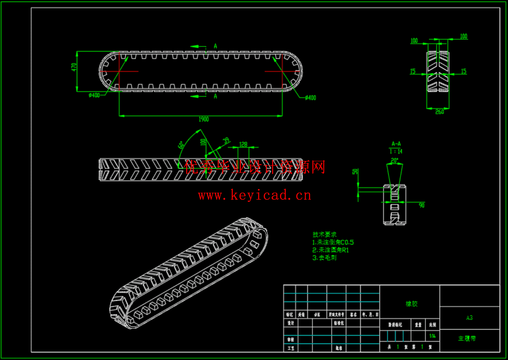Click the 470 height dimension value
tap(74, 67)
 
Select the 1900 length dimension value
tap(204, 119)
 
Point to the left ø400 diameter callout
tap(95, 95)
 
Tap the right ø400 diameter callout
tap(310, 98)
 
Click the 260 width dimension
tap(439, 112)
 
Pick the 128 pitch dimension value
tap(243, 144)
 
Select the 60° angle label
tap(181, 145)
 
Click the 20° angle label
tap(395, 160)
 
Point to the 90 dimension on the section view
tap(421, 205)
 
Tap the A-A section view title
tap(396, 144)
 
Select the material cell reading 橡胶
tap(411, 304)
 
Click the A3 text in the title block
tap(470, 318)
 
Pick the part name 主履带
tap(467, 338)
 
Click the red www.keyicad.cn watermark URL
tap(254, 195)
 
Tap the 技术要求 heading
tap(325, 234)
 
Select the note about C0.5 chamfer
tap(333, 242)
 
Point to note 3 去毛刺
tap(325, 257)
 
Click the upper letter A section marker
tap(216, 46)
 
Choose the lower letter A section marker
tap(216, 96)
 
